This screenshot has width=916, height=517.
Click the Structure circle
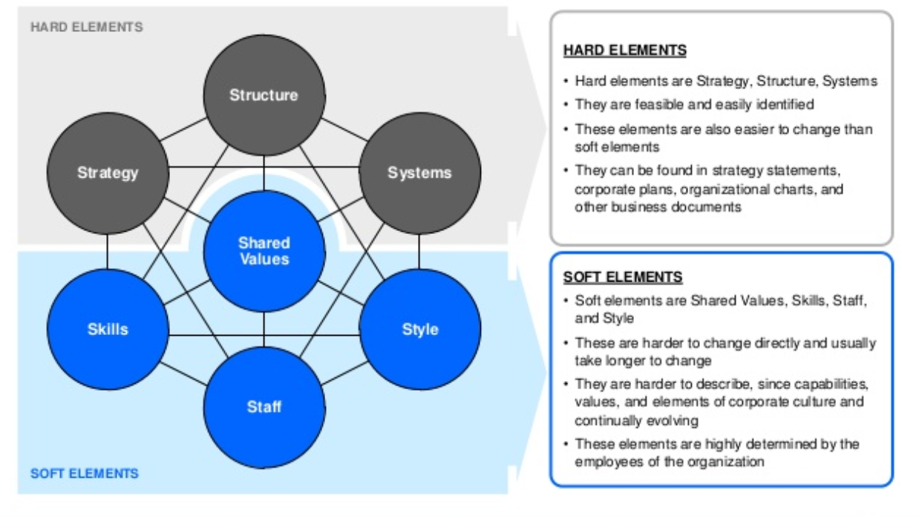click(264, 95)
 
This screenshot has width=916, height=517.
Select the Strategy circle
click(108, 172)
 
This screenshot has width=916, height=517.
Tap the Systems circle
click(419, 172)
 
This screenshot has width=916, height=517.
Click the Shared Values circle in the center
click(264, 251)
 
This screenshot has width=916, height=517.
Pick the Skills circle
click(108, 329)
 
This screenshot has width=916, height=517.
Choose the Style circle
click(419, 329)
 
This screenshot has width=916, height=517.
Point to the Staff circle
click(264, 407)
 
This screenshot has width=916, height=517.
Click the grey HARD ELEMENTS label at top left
click(87, 27)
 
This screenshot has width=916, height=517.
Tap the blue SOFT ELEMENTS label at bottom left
click(85, 472)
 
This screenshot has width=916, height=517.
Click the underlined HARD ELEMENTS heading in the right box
click(624, 51)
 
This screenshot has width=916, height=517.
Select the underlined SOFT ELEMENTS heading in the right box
click(622, 277)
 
